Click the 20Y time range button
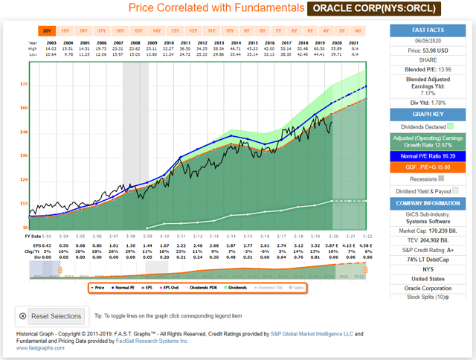47,31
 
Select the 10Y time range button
229,31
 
